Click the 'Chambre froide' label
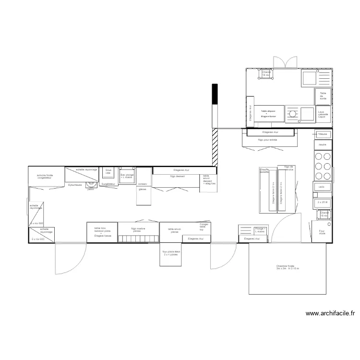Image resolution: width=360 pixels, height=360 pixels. [288, 267]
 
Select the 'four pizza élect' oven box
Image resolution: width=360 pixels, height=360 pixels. [171, 254]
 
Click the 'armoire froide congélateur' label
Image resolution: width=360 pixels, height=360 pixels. [48, 177]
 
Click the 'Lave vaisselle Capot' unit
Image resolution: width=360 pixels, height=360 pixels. [324, 114]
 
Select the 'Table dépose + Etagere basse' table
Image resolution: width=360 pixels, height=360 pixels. [268, 114]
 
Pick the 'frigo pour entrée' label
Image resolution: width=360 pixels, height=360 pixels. [267, 140]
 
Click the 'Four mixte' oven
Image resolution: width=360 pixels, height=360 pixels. [322, 232]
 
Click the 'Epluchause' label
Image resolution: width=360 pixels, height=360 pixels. [75, 184]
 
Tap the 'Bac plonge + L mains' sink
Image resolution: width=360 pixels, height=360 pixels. [126, 172]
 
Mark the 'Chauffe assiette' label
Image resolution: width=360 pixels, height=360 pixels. [264, 170]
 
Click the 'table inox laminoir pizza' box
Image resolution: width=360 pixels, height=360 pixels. [102, 232]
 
